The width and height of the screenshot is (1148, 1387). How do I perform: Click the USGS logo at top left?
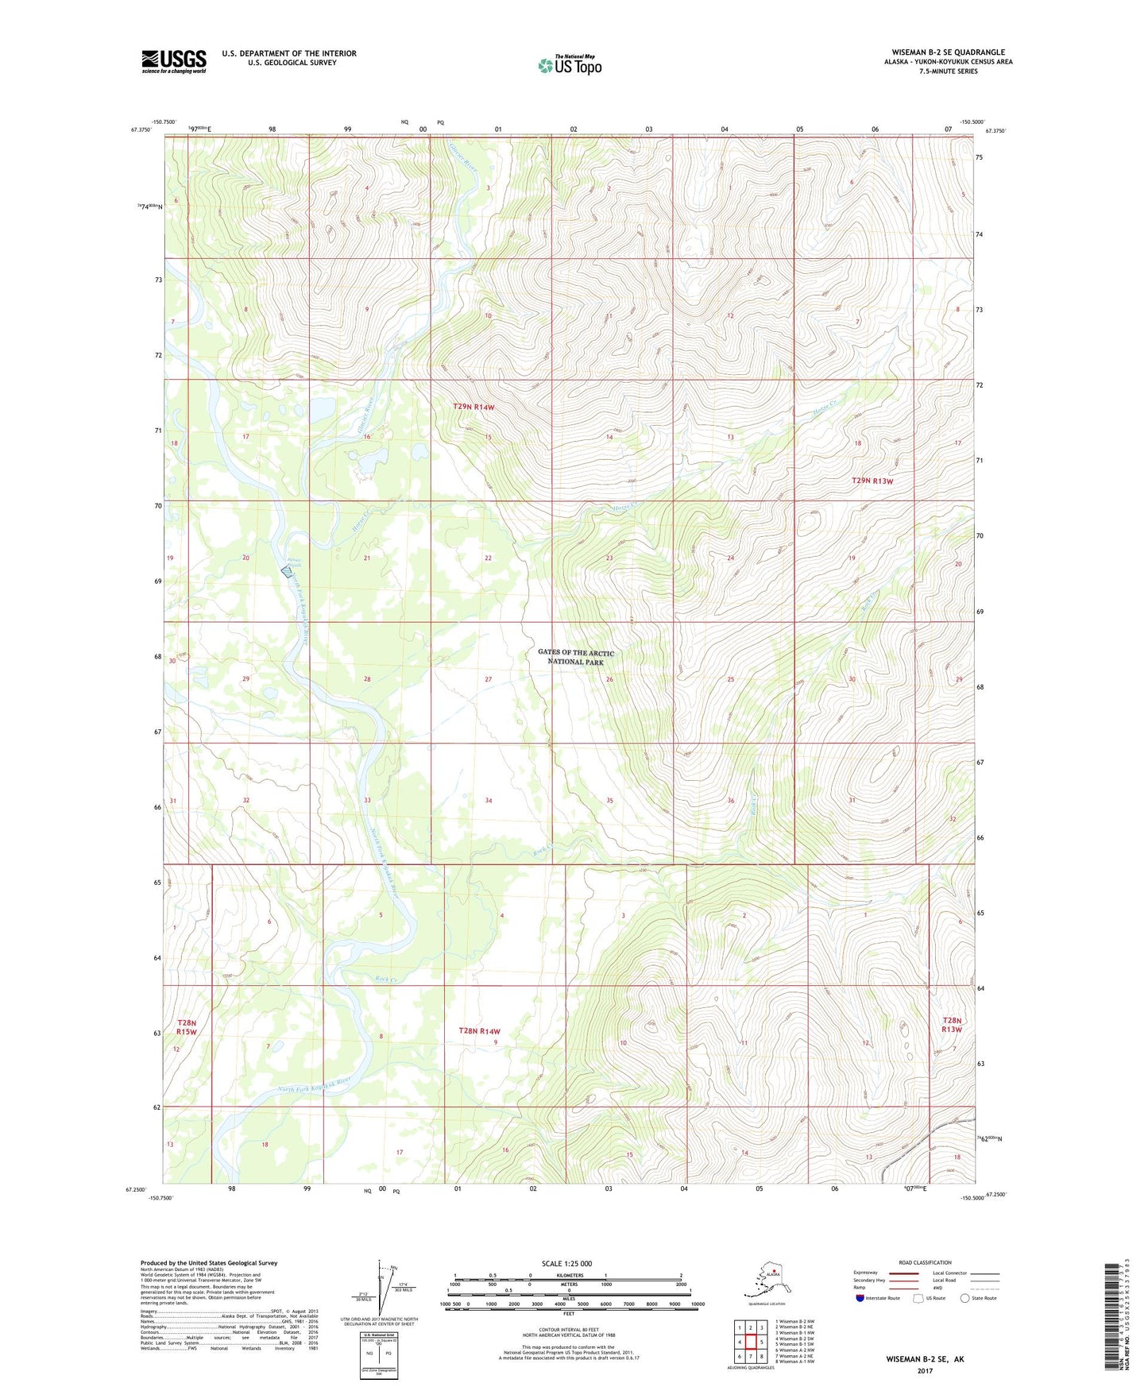(173, 61)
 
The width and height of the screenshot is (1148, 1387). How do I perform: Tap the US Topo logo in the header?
(569, 65)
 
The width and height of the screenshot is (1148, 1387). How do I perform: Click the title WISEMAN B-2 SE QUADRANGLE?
(942, 52)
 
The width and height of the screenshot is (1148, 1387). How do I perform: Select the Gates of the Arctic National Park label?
(575, 657)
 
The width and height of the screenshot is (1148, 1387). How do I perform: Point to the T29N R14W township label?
(474, 407)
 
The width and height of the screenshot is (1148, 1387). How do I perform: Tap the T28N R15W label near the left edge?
(186, 1026)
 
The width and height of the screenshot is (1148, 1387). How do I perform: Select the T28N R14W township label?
(479, 1031)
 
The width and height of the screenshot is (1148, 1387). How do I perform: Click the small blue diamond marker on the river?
(288, 570)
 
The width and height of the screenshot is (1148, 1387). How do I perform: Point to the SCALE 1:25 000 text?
(566, 1264)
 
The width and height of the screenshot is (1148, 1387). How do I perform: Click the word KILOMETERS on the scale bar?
(567, 1275)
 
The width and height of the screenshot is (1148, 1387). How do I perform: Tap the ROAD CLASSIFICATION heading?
(925, 1262)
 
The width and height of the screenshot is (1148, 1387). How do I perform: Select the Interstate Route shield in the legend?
(860, 1298)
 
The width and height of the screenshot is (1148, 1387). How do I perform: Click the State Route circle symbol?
(965, 1298)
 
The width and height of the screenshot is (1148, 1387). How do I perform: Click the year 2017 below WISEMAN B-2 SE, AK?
(925, 1371)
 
